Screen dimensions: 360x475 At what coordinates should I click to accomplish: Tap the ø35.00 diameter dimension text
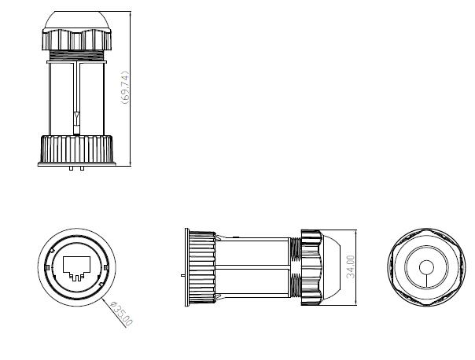pyautogui.click(x=123, y=311)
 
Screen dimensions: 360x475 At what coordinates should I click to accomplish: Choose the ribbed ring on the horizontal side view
pyautogui.click(x=203, y=267)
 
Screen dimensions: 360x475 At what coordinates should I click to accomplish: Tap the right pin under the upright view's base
pyautogui.click(x=82, y=167)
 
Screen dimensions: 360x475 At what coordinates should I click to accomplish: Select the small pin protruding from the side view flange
pyautogui.click(x=182, y=275)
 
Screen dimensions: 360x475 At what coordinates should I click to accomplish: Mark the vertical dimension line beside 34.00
pyautogui.click(x=359, y=267)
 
